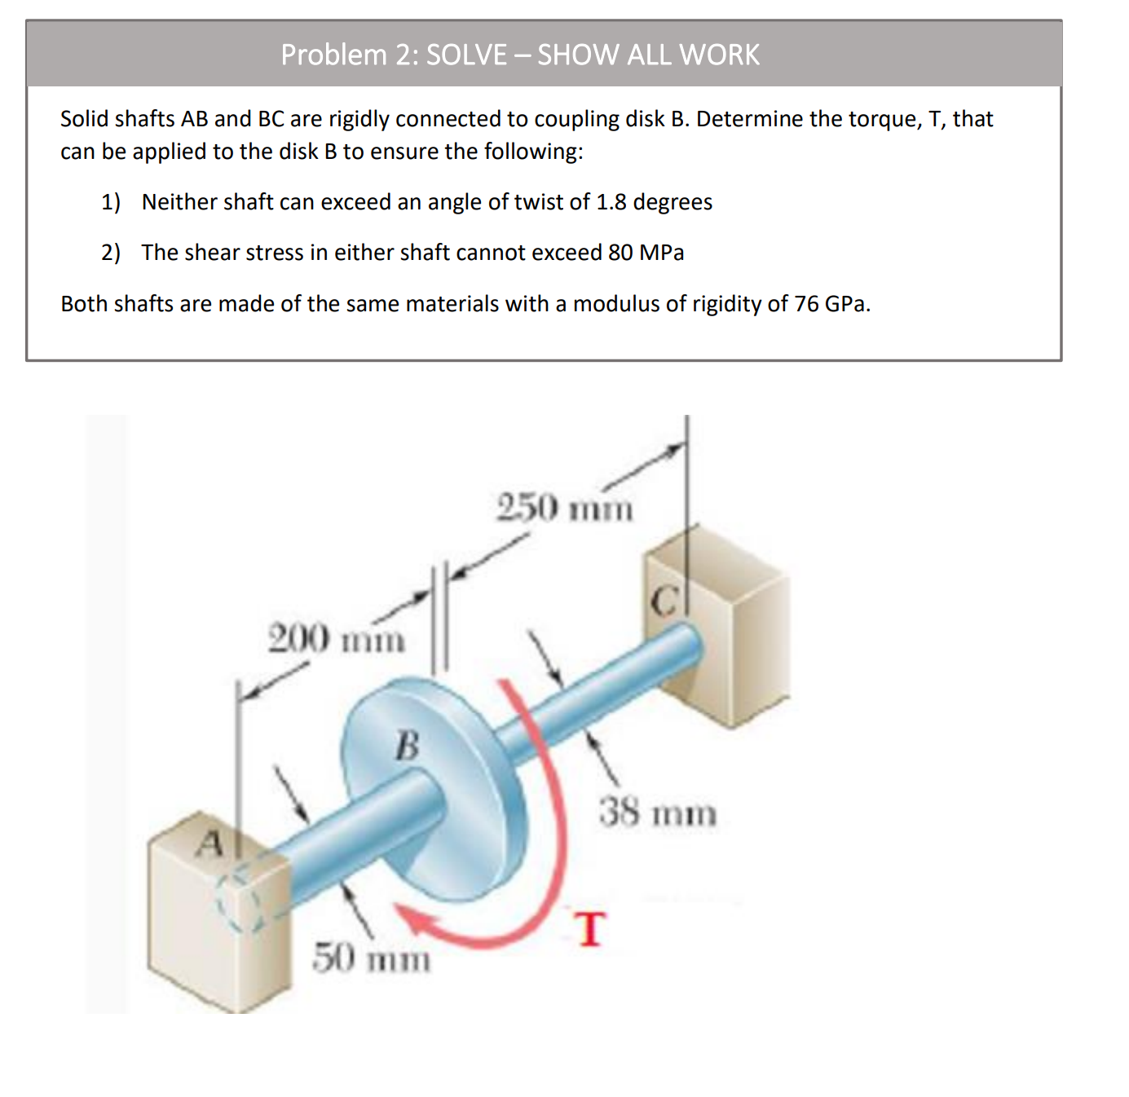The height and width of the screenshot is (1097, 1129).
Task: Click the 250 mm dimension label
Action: click(564, 508)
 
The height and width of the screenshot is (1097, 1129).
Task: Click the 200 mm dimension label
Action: click(336, 638)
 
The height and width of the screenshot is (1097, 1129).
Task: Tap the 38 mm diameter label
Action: click(658, 813)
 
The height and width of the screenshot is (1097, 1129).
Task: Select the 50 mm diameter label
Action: click(372, 958)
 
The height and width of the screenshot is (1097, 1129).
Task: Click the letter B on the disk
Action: click(407, 745)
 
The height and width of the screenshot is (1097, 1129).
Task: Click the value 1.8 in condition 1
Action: click(611, 202)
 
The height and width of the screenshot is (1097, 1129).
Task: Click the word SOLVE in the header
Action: click(466, 55)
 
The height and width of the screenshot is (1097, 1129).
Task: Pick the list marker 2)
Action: click(111, 253)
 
